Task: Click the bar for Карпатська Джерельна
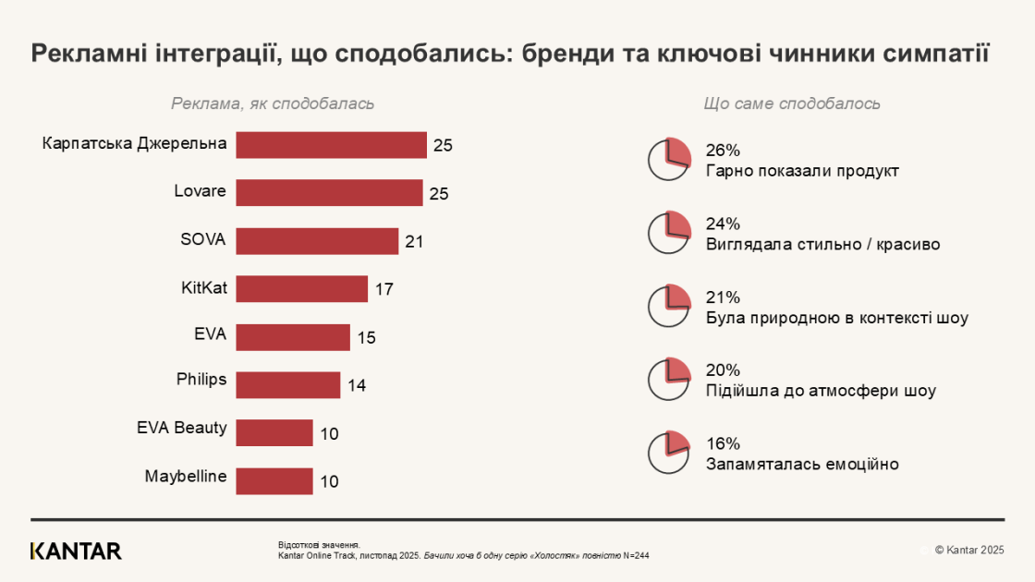click(x=331, y=145)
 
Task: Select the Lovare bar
click(x=329, y=193)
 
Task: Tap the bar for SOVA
click(x=317, y=241)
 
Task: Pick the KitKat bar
click(x=301, y=289)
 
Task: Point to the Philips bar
click(x=288, y=385)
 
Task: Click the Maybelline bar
click(x=274, y=481)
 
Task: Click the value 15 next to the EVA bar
click(x=366, y=338)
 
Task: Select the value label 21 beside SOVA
click(x=414, y=242)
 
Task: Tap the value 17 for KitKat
click(x=384, y=290)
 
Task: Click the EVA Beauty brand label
click(x=181, y=428)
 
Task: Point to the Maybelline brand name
click(x=186, y=477)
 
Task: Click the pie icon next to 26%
click(x=669, y=160)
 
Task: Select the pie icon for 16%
click(x=669, y=452)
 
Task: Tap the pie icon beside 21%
click(x=669, y=306)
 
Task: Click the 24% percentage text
click(x=723, y=224)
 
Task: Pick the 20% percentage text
click(x=723, y=370)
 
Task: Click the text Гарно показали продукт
click(x=801, y=171)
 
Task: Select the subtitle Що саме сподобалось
click(x=792, y=103)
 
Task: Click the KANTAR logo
click(x=76, y=552)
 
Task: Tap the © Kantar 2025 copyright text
click(x=968, y=551)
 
